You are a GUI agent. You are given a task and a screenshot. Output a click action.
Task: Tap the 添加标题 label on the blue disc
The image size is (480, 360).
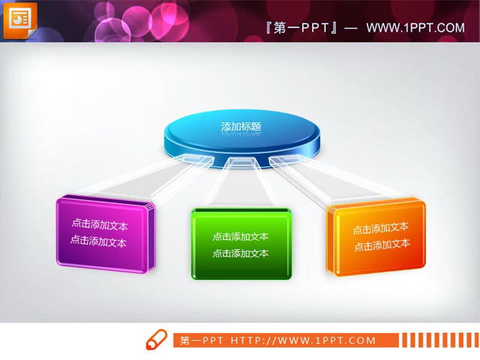click(x=241, y=127)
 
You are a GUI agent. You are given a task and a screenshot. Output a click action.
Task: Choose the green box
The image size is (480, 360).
click(x=241, y=244)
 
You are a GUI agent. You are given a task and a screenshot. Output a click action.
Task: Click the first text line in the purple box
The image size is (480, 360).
click(x=99, y=223)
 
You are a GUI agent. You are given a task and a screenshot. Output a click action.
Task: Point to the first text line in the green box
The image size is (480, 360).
click(x=241, y=236)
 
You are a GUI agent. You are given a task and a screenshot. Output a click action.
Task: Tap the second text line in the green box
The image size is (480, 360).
click(x=241, y=253)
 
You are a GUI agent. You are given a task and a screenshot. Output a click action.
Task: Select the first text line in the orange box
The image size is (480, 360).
click(x=381, y=228)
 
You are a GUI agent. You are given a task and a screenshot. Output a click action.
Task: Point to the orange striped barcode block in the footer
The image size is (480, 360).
click(x=436, y=340)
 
